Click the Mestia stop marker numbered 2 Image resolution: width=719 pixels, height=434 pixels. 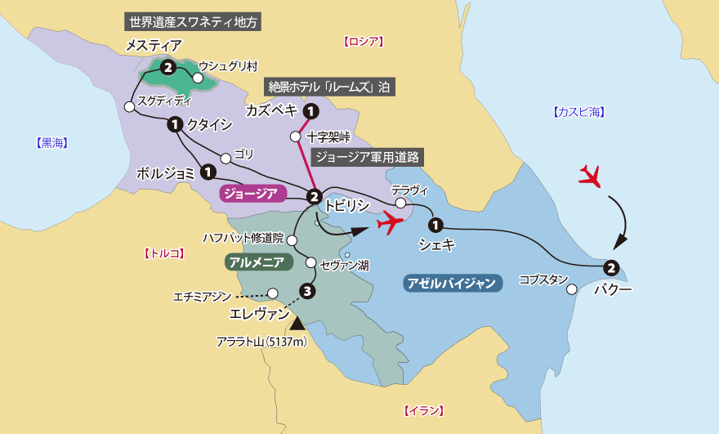click(167, 68)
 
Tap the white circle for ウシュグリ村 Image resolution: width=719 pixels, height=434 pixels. click(197, 78)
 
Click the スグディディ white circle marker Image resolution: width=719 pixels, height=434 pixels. click(129, 106)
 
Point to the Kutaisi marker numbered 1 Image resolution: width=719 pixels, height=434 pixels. click(174, 124)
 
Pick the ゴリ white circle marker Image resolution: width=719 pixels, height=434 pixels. click(226, 159)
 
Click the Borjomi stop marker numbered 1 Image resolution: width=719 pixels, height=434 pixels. click(208, 172)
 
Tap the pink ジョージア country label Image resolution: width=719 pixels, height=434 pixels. click(252, 194)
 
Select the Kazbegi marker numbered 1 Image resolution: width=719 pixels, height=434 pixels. click(310, 111)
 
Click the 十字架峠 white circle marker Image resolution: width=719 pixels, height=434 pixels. click(296, 136)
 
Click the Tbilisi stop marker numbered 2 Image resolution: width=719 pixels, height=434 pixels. click(314, 196)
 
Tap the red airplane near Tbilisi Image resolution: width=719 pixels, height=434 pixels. click(391, 221)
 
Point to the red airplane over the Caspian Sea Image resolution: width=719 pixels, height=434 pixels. click(590, 175)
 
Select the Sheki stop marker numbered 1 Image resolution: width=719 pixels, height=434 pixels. click(435, 225)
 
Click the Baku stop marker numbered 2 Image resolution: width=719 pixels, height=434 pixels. click(610, 267)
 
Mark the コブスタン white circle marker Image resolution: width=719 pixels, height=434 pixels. click(572, 289)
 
